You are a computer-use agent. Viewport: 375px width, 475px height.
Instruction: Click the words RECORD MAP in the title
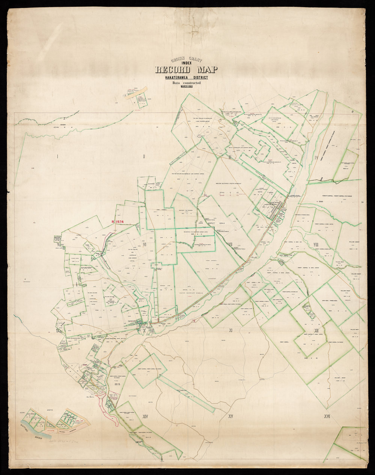tap(186, 70)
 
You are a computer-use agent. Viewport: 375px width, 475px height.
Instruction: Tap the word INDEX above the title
tap(186, 63)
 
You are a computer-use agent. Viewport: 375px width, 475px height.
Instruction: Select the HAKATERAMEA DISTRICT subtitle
tap(186, 78)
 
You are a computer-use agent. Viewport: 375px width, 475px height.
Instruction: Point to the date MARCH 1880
tap(186, 86)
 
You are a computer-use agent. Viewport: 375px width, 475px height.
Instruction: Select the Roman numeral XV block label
tap(230, 416)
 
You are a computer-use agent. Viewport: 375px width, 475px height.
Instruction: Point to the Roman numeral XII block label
tap(316, 331)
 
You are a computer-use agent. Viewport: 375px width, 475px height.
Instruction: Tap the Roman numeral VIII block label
tap(316, 245)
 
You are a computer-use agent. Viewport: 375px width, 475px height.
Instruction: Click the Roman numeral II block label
tap(144, 156)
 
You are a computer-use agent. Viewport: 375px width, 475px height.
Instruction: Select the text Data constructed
tap(186, 82)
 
